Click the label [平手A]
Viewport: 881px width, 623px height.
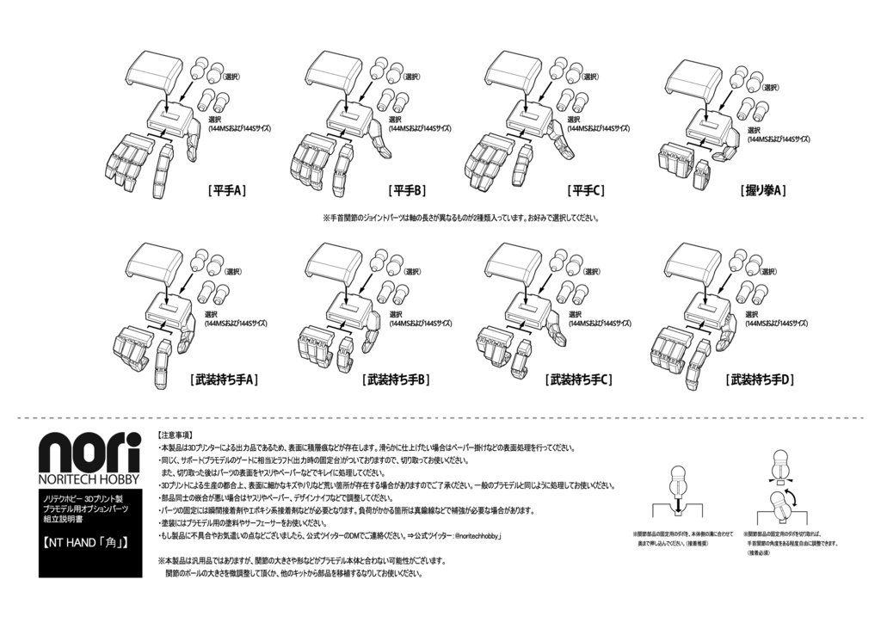(x=227, y=191)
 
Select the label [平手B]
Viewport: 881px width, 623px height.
(x=407, y=191)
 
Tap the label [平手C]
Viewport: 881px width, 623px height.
(x=587, y=191)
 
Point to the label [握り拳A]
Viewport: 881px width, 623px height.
(x=763, y=191)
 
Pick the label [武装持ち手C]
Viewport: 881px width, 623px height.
(x=578, y=379)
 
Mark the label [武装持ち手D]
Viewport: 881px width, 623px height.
(x=760, y=379)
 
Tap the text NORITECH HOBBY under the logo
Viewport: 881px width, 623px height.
(x=89, y=479)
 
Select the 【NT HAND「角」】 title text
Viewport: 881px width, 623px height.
(x=86, y=543)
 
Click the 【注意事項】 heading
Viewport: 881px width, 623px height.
(x=176, y=435)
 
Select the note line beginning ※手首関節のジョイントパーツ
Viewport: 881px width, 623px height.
(x=460, y=219)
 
